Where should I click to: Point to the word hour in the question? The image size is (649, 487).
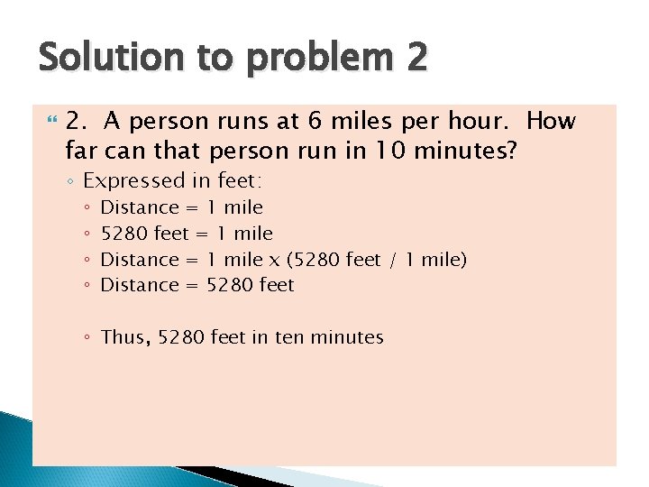click(477, 122)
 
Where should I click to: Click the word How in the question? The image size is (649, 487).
click(552, 122)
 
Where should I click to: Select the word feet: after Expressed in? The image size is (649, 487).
click(242, 181)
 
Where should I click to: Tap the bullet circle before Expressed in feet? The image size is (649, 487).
click(71, 181)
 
